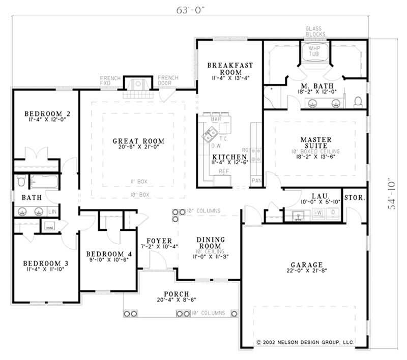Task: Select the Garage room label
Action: pos(306,265)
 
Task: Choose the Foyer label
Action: pos(159,241)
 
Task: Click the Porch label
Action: pos(176,294)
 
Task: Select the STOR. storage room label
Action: pos(355,197)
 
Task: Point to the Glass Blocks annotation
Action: pos(315,31)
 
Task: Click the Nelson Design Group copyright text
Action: pos(305,343)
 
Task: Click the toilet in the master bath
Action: pos(358,101)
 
